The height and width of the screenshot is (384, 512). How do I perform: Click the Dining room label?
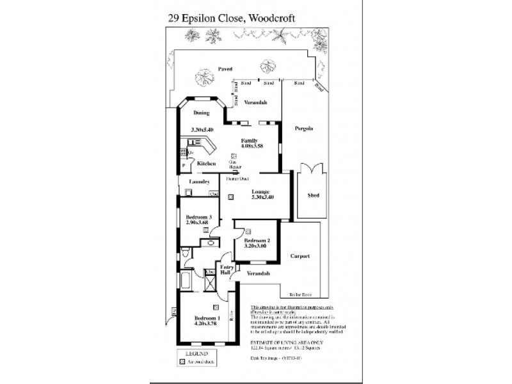(202, 113)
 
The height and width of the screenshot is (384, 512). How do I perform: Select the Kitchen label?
(206, 164)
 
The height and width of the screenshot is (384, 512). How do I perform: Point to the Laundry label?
(200, 182)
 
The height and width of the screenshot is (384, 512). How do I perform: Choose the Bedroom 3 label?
(197, 218)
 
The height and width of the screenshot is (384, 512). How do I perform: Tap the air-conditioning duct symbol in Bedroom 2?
(248, 231)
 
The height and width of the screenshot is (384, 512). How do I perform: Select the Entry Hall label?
(226, 269)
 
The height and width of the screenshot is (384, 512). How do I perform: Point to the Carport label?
(300, 256)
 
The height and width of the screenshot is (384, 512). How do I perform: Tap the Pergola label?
(303, 129)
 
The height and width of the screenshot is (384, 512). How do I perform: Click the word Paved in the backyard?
(224, 68)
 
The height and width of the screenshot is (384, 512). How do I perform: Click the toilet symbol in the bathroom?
(185, 255)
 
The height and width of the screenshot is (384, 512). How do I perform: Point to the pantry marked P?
(184, 165)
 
